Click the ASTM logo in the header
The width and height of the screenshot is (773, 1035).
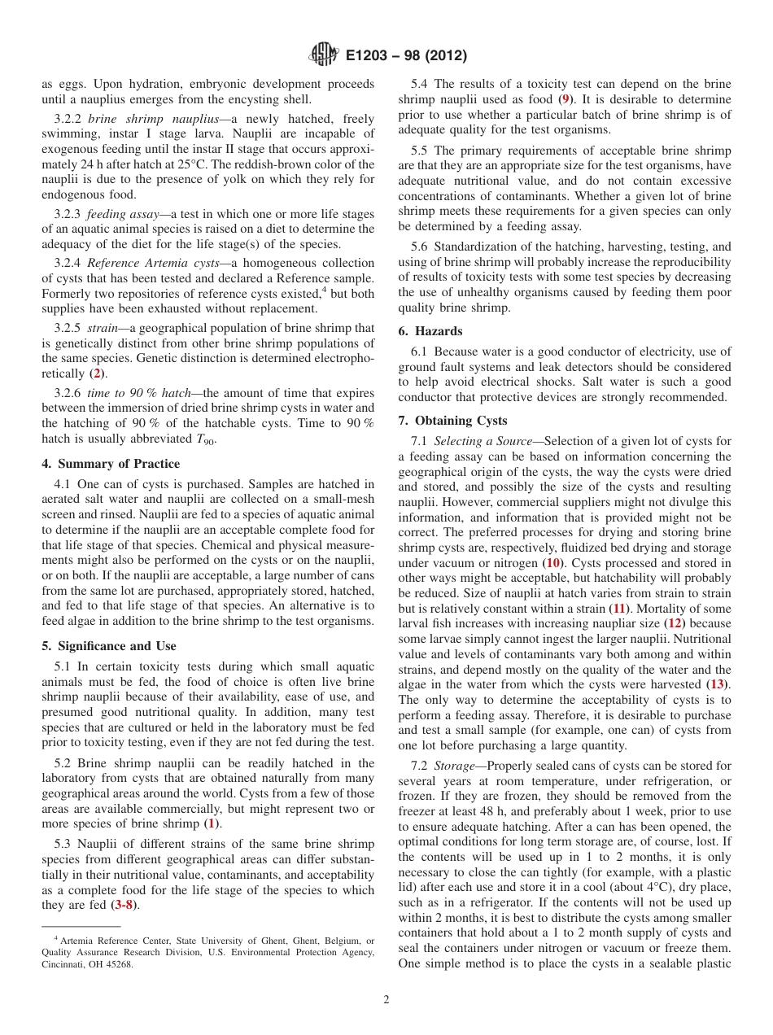[324, 56]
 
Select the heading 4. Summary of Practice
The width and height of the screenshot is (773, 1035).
[111, 464]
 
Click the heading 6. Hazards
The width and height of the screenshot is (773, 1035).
[430, 331]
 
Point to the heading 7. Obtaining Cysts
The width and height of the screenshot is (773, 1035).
[452, 421]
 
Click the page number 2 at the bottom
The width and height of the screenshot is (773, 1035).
[386, 1000]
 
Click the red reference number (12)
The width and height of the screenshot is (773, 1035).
[674, 624]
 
